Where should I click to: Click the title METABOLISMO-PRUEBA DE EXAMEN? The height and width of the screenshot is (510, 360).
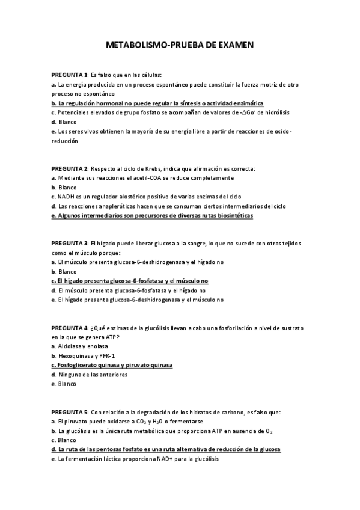tap(180, 45)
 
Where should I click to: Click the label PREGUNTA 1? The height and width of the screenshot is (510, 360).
tap(69, 75)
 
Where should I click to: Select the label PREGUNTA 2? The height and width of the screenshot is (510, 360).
tap(69, 168)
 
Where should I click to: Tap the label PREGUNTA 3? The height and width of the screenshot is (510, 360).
tap(69, 243)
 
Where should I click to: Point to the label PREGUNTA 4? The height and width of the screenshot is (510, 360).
tap(69, 328)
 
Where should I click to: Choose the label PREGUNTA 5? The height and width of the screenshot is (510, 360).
tap(69, 412)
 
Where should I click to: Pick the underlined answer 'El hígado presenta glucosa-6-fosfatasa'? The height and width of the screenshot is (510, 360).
tap(130, 281)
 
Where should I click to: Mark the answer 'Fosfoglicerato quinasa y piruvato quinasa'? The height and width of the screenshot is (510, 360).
tap(112, 365)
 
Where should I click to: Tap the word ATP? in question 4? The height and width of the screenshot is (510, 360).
tap(119, 337)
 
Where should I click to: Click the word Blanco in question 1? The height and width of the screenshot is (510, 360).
tap(66, 122)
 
